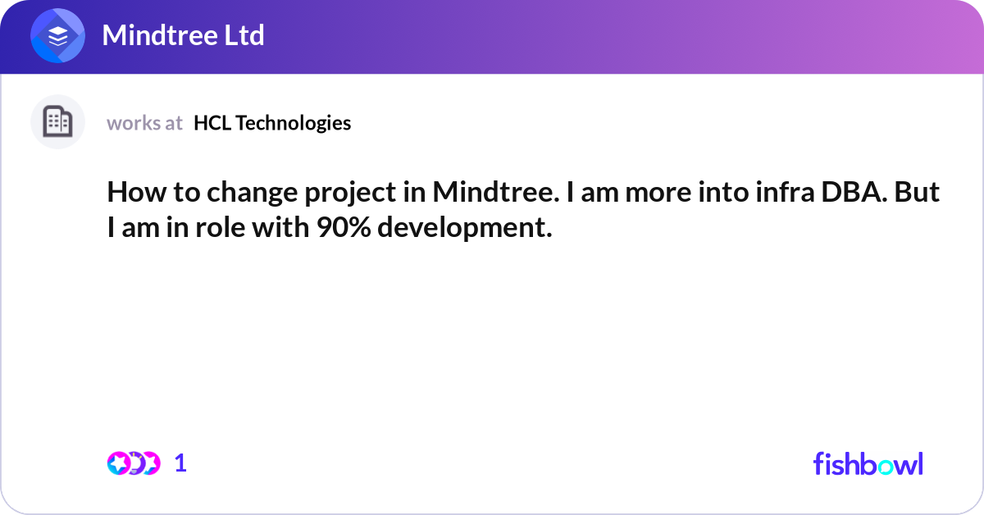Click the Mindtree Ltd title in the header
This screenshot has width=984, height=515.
tap(183, 36)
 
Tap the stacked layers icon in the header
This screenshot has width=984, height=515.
tap(58, 37)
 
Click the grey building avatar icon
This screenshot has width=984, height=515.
tap(57, 122)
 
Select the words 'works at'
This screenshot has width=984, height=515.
tap(144, 123)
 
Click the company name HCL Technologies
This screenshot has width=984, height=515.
tap(272, 123)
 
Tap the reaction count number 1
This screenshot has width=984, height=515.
tap(180, 463)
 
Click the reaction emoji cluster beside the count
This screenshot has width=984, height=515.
tap(133, 463)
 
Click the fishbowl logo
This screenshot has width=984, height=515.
tap(868, 463)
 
